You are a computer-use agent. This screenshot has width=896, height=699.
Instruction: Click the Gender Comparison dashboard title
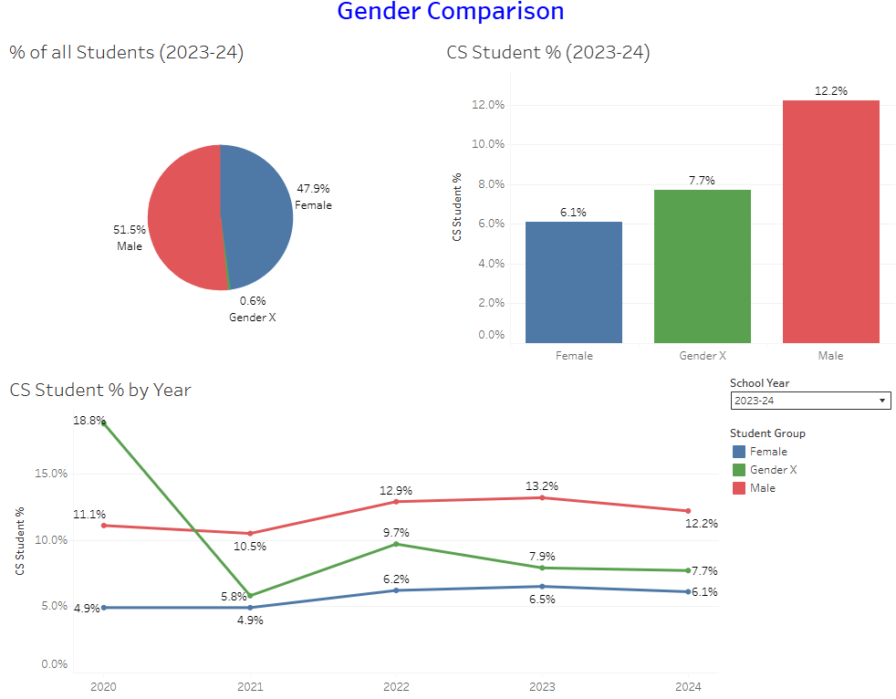[x=450, y=12]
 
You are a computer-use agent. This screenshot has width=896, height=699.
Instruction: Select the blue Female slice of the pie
[x=260, y=214]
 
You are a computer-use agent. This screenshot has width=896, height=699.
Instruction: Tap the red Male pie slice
[x=182, y=219]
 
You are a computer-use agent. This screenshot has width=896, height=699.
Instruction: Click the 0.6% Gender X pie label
[x=252, y=308]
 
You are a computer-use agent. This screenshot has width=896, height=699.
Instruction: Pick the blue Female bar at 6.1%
[x=573, y=282]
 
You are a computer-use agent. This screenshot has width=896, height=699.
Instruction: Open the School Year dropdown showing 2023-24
[x=810, y=401]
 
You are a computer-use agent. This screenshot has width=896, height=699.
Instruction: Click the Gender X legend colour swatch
[x=739, y=470]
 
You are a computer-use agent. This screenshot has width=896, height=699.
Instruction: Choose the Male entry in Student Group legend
[x=762, y=488]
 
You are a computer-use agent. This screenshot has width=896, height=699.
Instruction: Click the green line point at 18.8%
[x=104, y=423]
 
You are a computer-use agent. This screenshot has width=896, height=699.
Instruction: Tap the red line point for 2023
[x=542, y=497]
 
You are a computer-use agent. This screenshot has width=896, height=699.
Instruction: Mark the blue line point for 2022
[x=396, y=590]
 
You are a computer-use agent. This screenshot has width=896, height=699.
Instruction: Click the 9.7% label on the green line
[x=396, y=532]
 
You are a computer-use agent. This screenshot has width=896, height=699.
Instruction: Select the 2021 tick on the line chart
[x=250, y=685]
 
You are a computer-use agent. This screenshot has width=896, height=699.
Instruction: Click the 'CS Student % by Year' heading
[x=100, y=390]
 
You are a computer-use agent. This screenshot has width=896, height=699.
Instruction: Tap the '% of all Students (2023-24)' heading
[x=126, y=52]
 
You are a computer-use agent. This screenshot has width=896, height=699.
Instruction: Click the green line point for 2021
[x=250, y=595]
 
